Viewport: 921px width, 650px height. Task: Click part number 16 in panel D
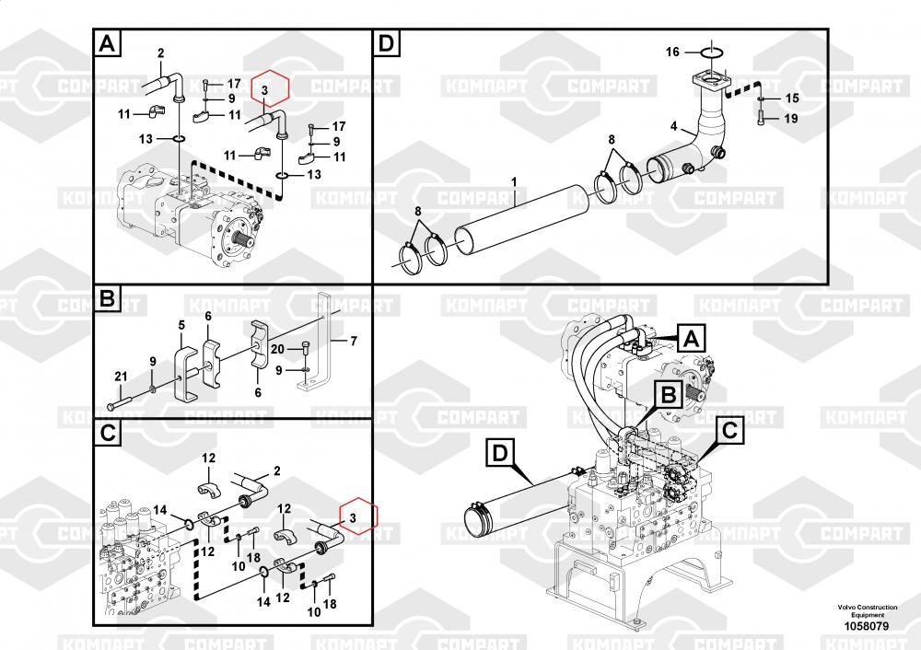672,52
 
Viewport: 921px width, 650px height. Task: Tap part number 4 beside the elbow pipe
674,126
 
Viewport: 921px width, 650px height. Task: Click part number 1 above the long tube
514,182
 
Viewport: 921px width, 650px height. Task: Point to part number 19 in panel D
791,119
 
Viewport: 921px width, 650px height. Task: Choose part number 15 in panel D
792,99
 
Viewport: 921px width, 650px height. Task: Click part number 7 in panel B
354,341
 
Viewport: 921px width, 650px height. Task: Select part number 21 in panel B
121,377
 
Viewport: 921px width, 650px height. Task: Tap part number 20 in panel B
277,350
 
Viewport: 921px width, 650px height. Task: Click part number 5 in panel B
181,325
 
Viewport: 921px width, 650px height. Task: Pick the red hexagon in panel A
270,89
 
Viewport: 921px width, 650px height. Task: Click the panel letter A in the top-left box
108,43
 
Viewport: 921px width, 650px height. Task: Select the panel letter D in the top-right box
387,43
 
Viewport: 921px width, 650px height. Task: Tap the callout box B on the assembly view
669,395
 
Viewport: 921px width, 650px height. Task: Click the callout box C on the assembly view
729,430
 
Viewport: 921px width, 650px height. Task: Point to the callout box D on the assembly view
500,453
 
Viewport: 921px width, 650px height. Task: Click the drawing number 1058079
867,626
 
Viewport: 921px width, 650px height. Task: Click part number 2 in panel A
160,53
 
